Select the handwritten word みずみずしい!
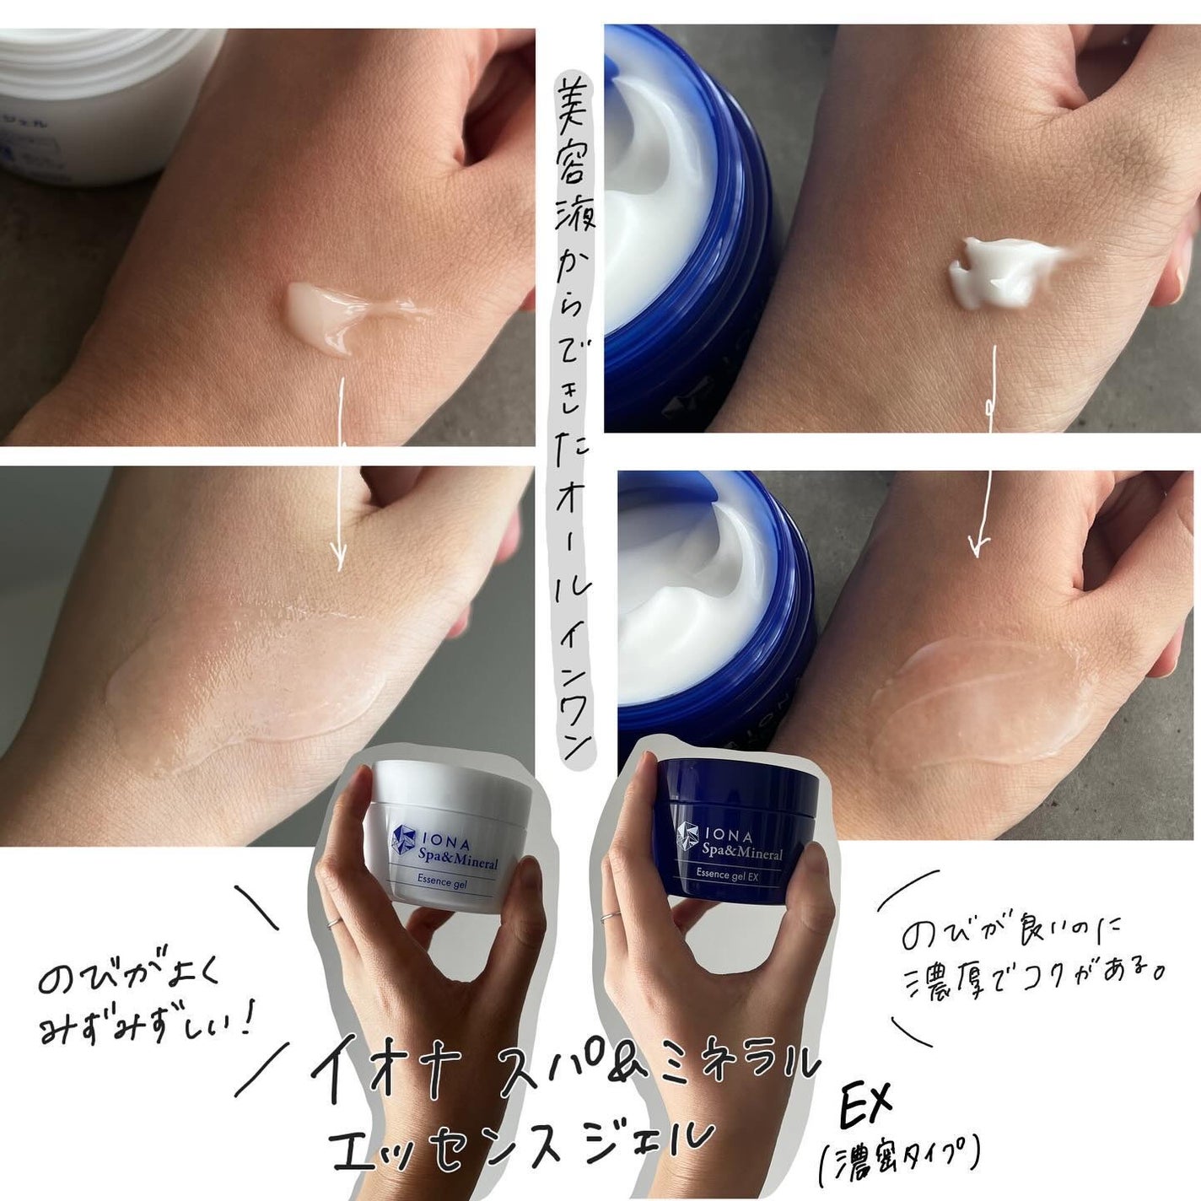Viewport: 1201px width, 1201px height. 148,1026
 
